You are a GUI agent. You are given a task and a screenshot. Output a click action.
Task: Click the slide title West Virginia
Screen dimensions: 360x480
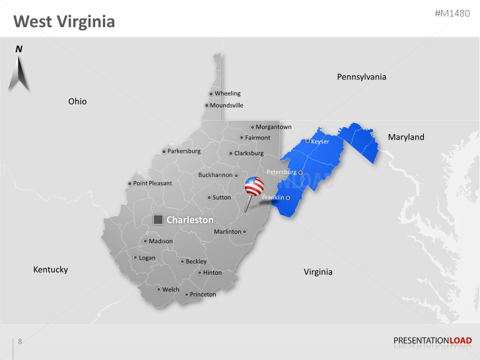coord(64,22)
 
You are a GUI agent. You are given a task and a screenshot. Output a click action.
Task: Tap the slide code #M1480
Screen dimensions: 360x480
coord(453,14)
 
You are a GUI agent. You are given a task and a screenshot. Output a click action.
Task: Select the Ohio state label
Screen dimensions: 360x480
coord(77,102)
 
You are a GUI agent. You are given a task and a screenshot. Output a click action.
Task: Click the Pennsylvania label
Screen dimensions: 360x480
coord(361,77)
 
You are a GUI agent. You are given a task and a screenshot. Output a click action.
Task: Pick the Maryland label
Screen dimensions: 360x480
coord(405,137)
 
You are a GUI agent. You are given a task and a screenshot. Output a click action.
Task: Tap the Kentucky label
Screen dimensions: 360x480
coord(51,270)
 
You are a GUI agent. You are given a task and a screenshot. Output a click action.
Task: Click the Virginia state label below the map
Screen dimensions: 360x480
coord(318,272)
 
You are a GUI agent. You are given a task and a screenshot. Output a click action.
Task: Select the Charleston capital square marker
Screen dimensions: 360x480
coord(158,220)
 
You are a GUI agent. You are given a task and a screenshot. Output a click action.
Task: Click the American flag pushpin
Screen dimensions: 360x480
coord(254,187)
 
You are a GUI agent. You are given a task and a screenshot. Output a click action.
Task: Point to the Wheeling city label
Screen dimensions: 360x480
coord(227,94)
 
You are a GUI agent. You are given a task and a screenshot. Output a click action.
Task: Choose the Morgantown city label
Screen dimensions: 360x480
coord(273,127)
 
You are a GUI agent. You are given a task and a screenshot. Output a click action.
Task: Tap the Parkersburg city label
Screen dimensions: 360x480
coord(184,151)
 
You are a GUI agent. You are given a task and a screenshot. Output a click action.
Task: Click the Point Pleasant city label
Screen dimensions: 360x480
coord(152,184)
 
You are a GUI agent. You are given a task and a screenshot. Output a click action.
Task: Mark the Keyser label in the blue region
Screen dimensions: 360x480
coord(320,141)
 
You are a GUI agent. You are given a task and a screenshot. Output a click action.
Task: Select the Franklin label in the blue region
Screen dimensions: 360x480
coord(273,198)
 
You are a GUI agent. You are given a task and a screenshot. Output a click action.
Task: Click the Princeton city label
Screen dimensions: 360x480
coord(203,295)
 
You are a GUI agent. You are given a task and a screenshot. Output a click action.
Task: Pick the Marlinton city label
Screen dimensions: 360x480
coord(227,232)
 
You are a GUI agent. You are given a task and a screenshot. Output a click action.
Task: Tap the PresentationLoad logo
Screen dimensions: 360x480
coord(432,341)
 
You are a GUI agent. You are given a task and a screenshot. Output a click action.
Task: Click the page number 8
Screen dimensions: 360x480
coord(20,342)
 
